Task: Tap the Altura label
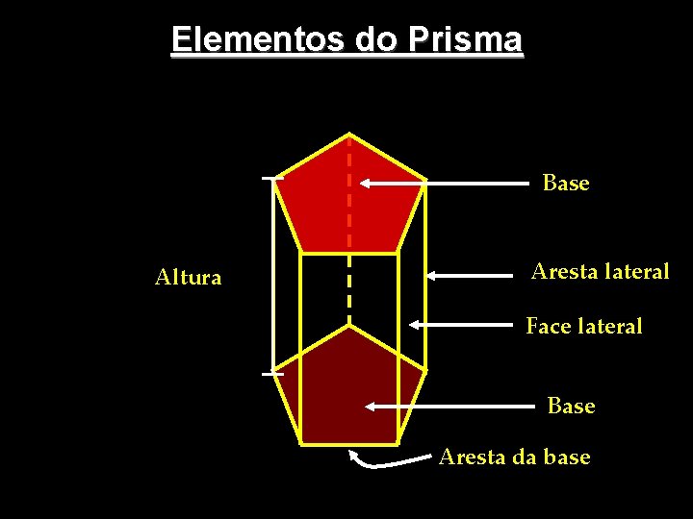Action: pos(189,278)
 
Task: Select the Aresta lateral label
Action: pos(600,272)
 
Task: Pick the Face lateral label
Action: pos(583,327)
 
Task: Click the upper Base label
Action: pos(565,183)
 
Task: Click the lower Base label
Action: pos(571,407)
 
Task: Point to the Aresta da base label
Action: pos(514,457)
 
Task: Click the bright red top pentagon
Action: pos(318,207)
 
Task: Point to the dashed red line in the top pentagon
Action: pos(348,192)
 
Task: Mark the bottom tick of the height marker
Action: pos(273,372)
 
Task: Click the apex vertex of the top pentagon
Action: pos(348,134)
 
